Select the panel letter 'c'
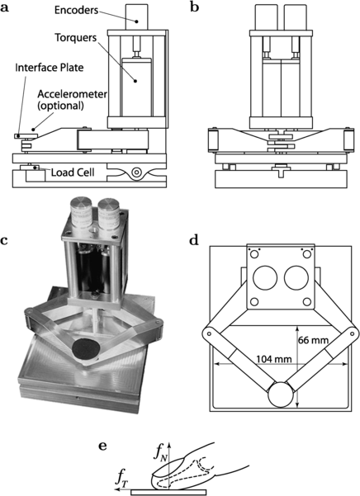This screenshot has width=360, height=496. pyautogui.click(x=6, y=241)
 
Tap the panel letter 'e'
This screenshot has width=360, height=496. pyautogui.click(x=102, y=446)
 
